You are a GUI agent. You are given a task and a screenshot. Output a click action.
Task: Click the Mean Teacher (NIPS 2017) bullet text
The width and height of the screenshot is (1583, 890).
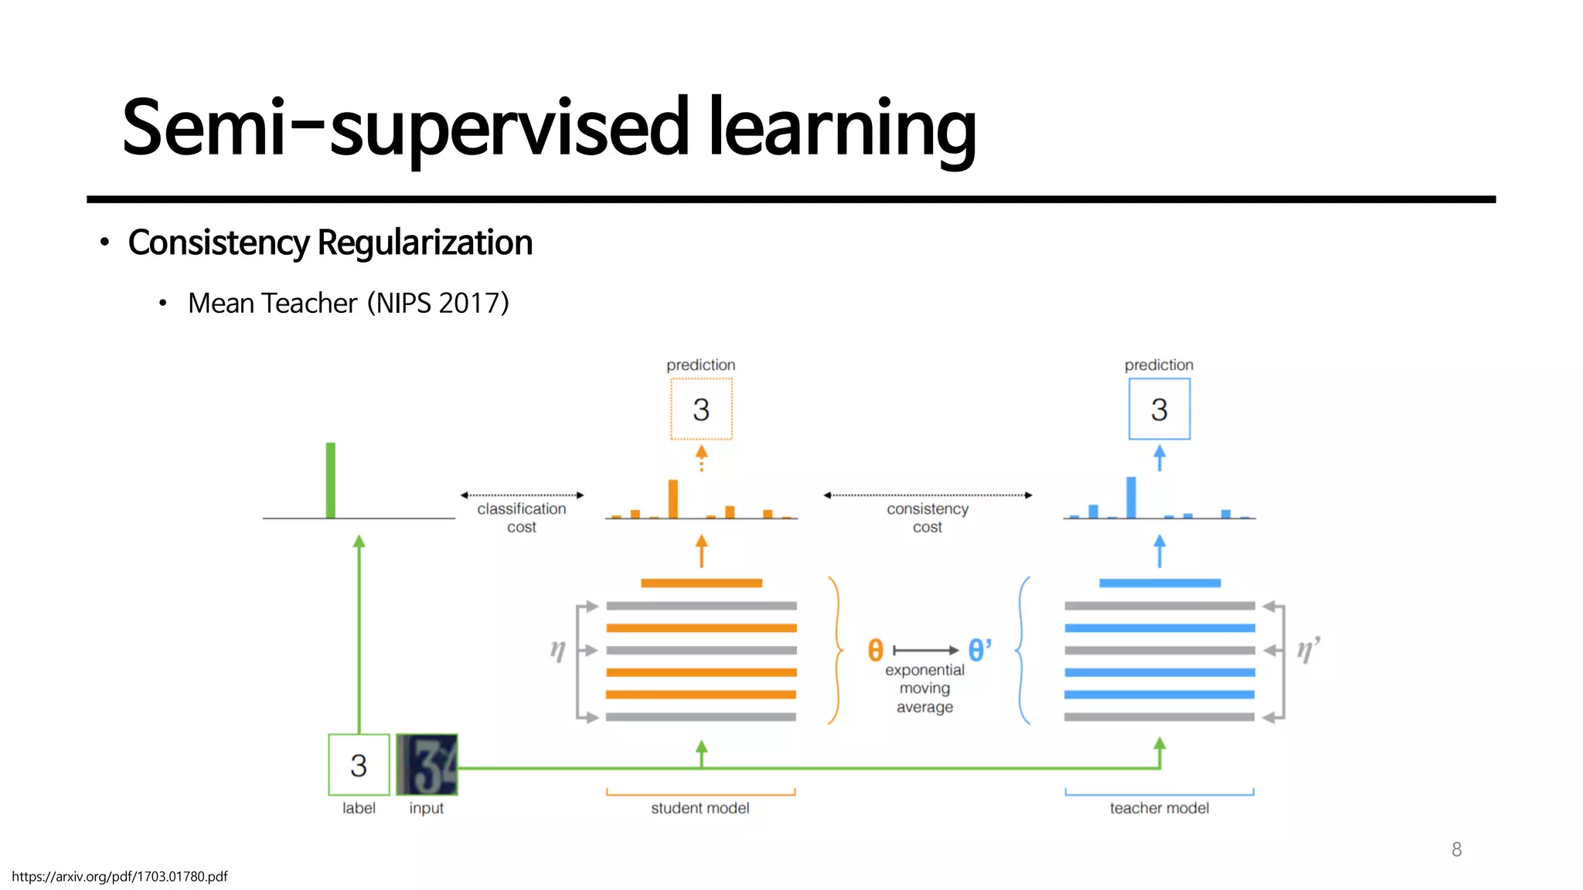pyautogui.click(x=348, y=303)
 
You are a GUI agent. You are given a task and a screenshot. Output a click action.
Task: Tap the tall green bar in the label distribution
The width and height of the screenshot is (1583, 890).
pyautogui.click(x=331, y=480)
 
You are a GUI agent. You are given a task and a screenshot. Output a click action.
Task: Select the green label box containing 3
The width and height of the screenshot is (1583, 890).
pyautogui.click(x=359, y=765)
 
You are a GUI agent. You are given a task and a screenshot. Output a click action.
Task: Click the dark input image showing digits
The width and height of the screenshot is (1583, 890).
pyautogui.click(x=427, y=765)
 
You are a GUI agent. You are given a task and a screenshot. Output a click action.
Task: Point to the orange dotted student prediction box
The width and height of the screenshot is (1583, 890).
pyautogui.click(x=701, y=409)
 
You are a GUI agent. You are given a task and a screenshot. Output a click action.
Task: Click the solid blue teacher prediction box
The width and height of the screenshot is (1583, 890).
pyautogui.click(x=1159, y=409)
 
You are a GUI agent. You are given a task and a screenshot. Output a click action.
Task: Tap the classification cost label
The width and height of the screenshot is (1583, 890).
pyautogui.click(x=522, y=518)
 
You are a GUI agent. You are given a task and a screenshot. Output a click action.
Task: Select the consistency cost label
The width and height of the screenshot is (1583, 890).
pyautogui.click(x=928, y=518)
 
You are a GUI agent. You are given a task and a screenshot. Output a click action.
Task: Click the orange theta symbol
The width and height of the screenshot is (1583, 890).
pyautogui.click(x=875, y=650)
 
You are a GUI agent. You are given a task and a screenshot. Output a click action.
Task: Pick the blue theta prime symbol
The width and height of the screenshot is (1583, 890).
pyautogui.click(x=979, y=650)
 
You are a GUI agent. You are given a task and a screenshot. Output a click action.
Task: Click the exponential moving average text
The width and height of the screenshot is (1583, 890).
pyautogui.click(x=924, y=688)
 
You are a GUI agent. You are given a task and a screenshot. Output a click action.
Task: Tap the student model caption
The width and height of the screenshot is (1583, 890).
pyautogui.click(x=700, y=808)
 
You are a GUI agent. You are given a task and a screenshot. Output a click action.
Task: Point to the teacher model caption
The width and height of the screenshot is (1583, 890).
pyautogui.click(x=1159, y=808)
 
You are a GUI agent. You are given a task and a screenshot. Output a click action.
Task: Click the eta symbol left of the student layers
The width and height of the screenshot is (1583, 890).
pyautogui.click(x=557, y=651)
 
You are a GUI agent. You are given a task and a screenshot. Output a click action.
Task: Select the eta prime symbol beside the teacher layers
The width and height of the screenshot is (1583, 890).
pyautogui.click(x=1307, y=651)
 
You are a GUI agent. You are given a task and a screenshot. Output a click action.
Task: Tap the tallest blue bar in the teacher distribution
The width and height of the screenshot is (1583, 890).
pyautogui.click(x=1132, y=497)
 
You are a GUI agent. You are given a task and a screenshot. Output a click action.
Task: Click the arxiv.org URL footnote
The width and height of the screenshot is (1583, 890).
pyautogui.click(x=120, y=876)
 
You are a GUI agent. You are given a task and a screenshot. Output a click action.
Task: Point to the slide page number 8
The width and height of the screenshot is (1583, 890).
pyautogui.click(x=1456, y=850)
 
